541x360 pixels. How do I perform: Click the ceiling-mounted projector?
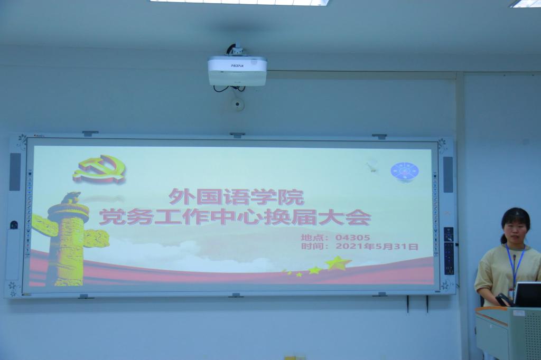click(237, 71)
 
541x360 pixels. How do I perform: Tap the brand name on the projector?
click(237, 65)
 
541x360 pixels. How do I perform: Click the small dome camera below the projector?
click(237, 104)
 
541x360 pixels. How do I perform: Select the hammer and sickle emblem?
click(99, 169)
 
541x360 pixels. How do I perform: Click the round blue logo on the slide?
click(405, 172)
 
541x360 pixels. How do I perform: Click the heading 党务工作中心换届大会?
click(235, 217)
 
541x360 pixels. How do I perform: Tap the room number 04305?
click(352, 238)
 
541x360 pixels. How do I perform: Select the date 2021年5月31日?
click(377, 247)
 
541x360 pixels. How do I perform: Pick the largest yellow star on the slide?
click(338, 263)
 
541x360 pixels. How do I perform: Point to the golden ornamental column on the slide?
click(69, 240)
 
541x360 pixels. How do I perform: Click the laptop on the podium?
click(528, 294)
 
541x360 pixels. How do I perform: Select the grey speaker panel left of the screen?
click(15, 172)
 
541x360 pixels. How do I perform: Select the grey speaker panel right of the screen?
click(448, 175)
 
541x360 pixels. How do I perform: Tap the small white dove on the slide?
click(372, 167)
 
